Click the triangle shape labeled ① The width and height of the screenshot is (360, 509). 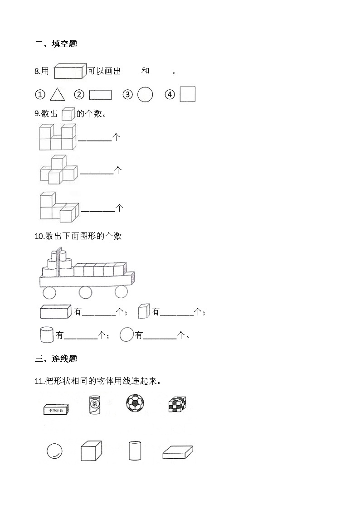pyautogui.click(x=57, y=94)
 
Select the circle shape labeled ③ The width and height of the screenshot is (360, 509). pyautogui.click(x=145, y=94)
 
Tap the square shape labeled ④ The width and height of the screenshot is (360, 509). pyautogui.click(x=187, y=94)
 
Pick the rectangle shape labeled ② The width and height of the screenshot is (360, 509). pyautogui.click(x=100, y=95)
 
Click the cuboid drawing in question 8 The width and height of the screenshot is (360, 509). pyautogui.click(x=70, y=71)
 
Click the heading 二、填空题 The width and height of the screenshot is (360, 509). pyautogui.click(x=56, y=44)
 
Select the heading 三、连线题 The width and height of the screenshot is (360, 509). pyautogui.click(x=56, y=359)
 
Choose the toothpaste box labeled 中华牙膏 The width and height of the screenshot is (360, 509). pyautogui.click(x=56, y=410)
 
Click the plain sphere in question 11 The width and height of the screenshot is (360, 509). pyautogui.click(x=54, y=451)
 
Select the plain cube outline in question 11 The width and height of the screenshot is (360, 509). pyautogui.click(x=91, y=451)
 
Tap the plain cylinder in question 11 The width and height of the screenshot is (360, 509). pyautogui.click(x=135, y=451)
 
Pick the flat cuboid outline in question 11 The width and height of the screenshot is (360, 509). pyautogui.click(x=177, y=452)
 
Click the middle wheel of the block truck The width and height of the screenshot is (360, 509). pyautogui.click(x=85, y=292)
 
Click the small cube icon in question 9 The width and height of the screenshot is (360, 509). pyautogui.click(x=68, y=114)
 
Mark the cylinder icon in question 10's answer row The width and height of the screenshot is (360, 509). pyautogui.click(x=47, y=335)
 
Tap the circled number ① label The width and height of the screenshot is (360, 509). pyautogui.click(x=40, y=95)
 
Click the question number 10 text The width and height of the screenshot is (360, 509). pyautogui.click(x=39, y=236)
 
